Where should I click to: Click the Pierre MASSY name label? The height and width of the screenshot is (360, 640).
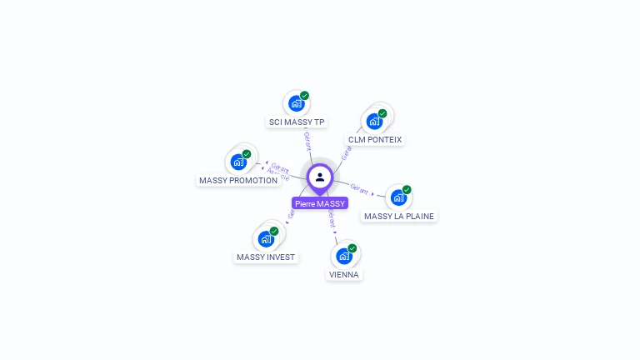[319, 203]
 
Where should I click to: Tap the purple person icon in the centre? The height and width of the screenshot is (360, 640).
[320, 177]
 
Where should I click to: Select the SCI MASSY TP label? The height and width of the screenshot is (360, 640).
[297, 122]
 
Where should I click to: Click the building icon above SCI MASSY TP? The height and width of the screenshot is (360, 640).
[295, 104]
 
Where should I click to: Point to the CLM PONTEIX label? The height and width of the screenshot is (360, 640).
[375, 140]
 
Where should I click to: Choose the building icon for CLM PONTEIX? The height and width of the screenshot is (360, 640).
[374, 122]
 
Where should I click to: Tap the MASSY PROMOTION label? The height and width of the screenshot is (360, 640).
[238, 181]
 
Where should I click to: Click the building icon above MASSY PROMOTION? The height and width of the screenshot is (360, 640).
[238, 162]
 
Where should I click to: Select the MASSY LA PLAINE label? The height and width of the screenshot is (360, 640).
[399, 217]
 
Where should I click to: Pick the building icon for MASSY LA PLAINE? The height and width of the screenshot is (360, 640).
[398, 197]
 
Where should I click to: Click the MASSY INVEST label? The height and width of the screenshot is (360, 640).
[266, 257]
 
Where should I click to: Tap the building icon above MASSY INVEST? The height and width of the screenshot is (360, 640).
[266, 239]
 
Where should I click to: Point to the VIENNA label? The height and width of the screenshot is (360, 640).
[345, 274]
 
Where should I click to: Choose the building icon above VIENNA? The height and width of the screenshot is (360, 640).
[343, 256]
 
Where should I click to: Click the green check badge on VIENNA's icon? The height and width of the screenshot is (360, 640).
[352, 248]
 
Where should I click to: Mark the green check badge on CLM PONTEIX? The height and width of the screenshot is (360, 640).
[382, 113]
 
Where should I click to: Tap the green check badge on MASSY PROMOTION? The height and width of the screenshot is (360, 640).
[247, 154]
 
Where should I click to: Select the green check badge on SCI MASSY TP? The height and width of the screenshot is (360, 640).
[304, 96]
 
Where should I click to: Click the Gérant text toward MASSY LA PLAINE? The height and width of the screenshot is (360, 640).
[359, 188]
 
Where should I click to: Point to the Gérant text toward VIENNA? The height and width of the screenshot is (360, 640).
[332, 220]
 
